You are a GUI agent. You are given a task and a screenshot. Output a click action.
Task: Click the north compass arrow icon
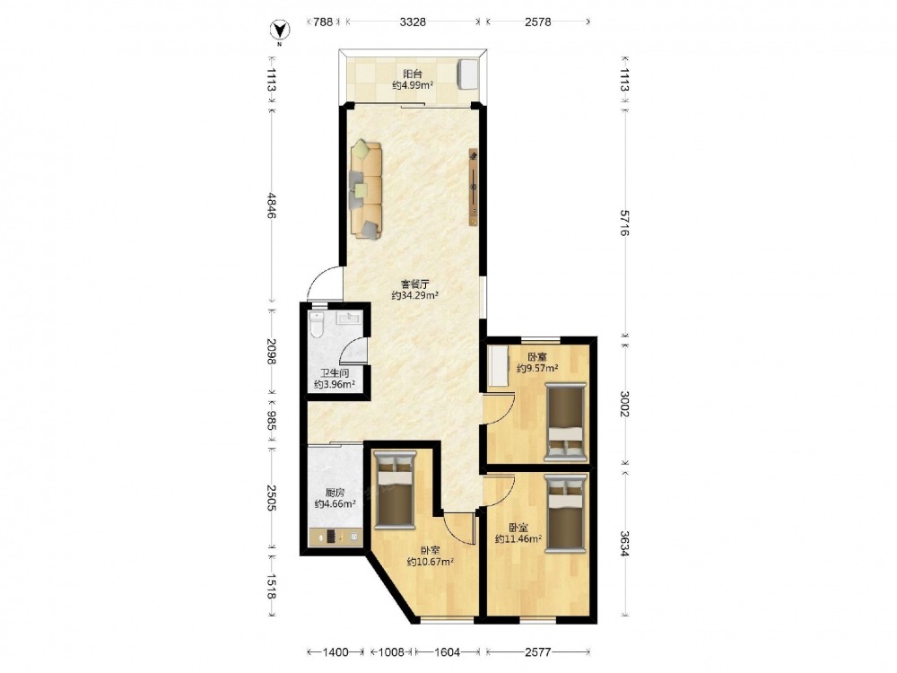(279, 30)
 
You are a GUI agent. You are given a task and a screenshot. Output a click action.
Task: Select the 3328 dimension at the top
(413, 22)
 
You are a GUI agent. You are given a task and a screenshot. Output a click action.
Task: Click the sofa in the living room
(366, 188)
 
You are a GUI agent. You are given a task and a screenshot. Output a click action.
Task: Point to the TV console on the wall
(474, 188)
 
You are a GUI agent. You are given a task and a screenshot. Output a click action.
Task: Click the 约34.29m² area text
(415, 295)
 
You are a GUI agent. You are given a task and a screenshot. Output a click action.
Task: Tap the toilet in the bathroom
(317, 325)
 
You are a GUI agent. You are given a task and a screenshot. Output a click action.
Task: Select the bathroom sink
(348, 318)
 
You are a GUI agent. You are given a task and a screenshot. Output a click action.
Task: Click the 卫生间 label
(335, 373)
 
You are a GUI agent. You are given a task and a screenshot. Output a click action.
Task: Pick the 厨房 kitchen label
(335, 493)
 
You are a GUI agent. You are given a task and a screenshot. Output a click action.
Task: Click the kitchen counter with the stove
(335, 537)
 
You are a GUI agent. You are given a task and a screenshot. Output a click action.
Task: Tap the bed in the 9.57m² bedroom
(566, 422)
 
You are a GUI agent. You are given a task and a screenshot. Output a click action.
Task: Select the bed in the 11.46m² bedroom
(566, 512)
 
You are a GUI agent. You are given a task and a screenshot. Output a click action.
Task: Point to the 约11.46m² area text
(518, 538)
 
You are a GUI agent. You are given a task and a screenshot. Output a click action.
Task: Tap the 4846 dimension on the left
(271, 205)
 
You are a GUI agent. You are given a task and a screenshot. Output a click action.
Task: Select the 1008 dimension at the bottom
(392, 651)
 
